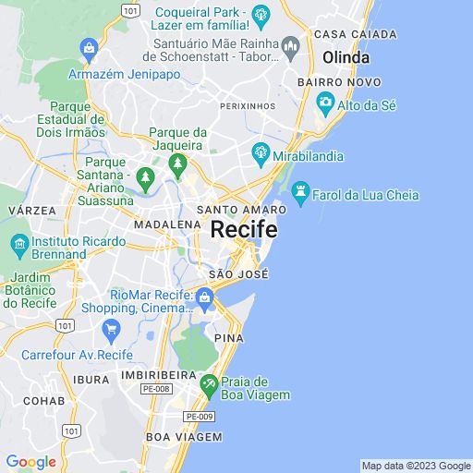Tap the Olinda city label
[346, 57]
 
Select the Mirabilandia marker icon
[261, 152]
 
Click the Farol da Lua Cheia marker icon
[299, 191]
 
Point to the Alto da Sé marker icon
[323, 104]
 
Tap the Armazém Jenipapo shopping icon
[89, 46]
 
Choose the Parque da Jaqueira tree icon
[176, 164]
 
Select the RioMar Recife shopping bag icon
[204, 297]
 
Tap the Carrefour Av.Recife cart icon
[111, 329]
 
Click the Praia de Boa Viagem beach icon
[210, 383]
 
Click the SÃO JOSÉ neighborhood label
[238, 274]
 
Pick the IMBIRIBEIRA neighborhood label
[159, 376]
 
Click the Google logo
[30, 462]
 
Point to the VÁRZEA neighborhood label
[31, 211]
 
